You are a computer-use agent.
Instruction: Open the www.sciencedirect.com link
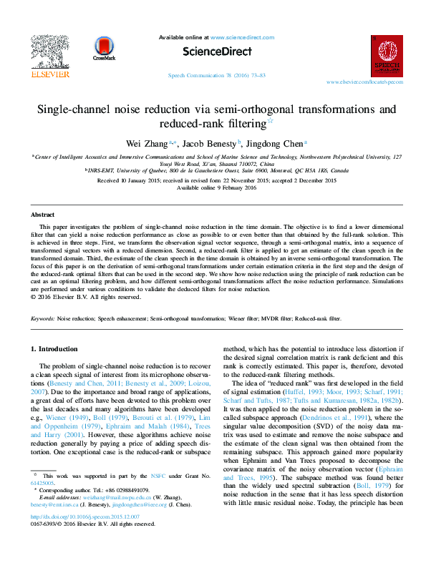[x=243, y=36]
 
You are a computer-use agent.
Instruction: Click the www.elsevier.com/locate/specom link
[x=364, y=82]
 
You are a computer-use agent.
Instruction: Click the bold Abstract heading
[x=43, y=215]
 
